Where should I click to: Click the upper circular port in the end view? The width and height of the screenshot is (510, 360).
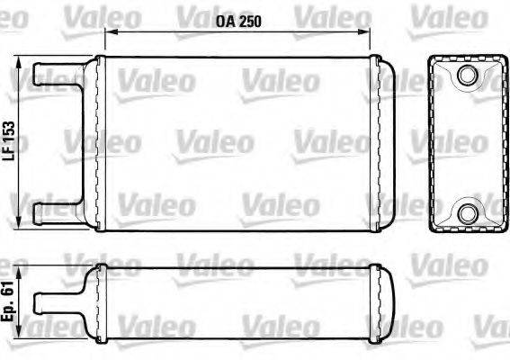point(467,76)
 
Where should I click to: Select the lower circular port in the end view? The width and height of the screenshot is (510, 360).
point(467,213)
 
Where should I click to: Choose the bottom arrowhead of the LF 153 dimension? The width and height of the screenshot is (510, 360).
point(21,224)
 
